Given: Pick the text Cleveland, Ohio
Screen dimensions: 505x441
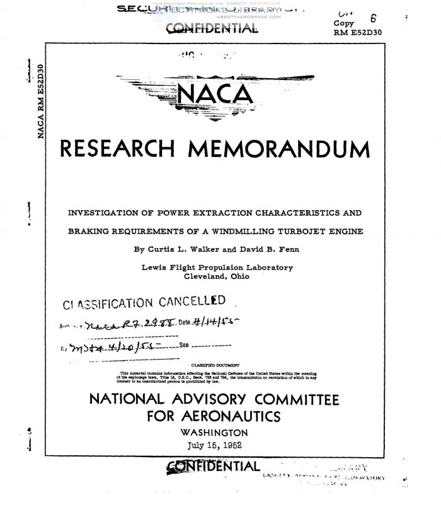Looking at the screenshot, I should click(x=217, y=276).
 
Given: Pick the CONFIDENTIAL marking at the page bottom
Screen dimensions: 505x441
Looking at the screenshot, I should click(x=212, y=466).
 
